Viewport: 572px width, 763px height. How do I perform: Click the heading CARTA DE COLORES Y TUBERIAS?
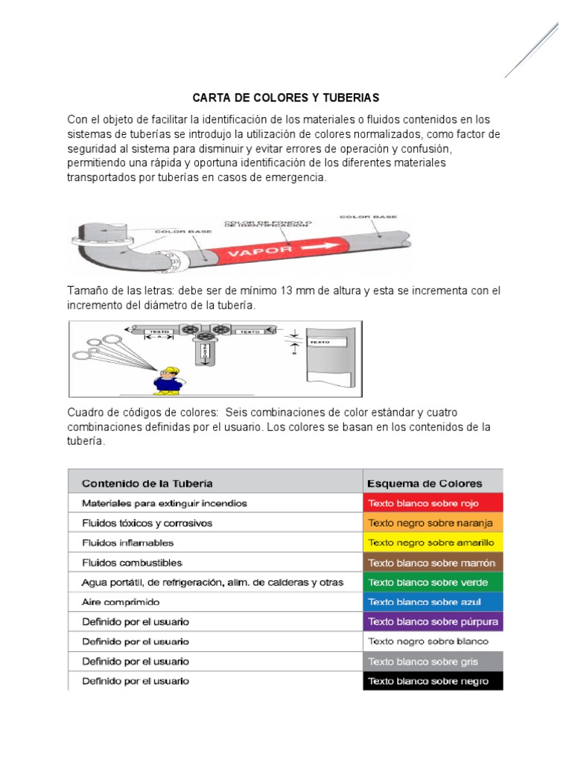(286, 98)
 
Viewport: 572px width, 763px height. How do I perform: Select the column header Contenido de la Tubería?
(147, 482)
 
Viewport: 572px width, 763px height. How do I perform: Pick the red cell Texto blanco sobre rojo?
(433, 503)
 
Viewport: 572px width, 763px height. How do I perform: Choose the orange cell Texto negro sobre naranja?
(433, 523)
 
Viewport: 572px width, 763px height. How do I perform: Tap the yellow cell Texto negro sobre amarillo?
(433, 542)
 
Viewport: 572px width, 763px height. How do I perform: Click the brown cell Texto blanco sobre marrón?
(433, 563)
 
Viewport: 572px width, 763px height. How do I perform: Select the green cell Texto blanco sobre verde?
(433, 582)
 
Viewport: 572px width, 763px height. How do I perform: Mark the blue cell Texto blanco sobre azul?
(433, 601)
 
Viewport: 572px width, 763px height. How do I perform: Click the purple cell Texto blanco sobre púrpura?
(433, 621)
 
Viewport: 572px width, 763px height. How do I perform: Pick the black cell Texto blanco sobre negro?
(433, 681)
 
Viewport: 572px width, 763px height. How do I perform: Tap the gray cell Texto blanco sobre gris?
(433, 662)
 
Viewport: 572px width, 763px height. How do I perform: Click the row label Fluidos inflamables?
(127, 542)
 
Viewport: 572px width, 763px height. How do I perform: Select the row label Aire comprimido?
(121, 601)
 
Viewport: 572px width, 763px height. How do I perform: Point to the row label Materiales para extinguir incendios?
(164, 503)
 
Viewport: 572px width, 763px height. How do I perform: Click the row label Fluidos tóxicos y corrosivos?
(147, 523)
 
